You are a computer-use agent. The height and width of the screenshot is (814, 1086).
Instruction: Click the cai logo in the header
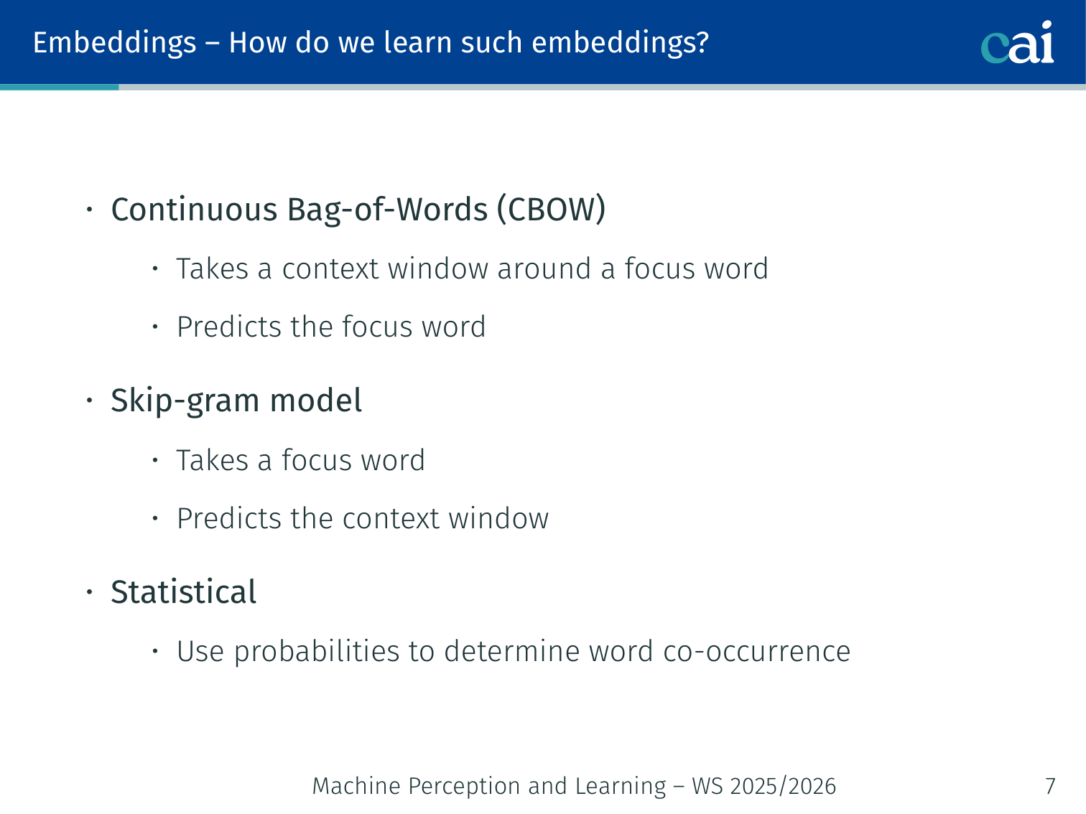tap(1017, 42)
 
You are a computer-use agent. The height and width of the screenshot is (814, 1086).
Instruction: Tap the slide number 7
tap(1050, 786)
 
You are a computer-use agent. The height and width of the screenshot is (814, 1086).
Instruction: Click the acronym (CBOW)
tap(551, 210)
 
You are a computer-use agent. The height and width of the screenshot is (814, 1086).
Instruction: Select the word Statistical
tap(184, 591)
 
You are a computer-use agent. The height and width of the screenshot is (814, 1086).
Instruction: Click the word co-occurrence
tap(756, 651)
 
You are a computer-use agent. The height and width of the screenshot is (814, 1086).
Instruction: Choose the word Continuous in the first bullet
tap(194, 210)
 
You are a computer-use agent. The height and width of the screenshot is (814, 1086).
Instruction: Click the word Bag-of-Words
tap(387, 210)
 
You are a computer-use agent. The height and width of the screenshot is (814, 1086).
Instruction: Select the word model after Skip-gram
tap(315, 401)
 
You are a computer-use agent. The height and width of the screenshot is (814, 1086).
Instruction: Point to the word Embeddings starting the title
tap(114, 43)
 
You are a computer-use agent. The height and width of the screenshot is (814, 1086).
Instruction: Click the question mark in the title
tap(702, 42)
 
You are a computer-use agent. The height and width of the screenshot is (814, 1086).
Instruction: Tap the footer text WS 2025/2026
tap(764, 786)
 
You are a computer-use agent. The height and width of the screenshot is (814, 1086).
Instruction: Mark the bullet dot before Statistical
tap(90, 591)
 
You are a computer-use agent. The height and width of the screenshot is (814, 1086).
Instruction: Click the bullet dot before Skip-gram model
tap(90, 401)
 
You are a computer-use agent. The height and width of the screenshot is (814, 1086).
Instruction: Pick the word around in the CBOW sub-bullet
tap(544, 269)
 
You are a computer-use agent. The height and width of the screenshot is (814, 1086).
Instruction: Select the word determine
tap(511, 651)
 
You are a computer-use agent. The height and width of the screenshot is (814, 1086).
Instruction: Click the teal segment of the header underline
tap(60, 88)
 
